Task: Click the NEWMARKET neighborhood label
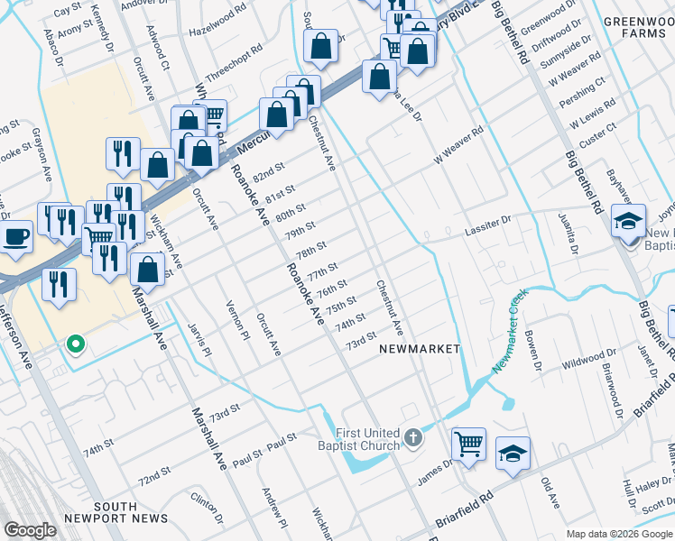tap(419, 348)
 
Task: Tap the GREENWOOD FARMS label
tap(639, 27)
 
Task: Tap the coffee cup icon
tap(14, 238)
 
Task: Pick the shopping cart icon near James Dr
tap(468, 444)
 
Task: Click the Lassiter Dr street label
tap(488, 219)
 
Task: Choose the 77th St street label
tap(321, 271)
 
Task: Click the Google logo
tap(31, 529)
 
